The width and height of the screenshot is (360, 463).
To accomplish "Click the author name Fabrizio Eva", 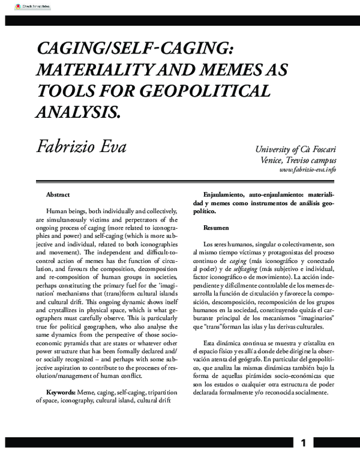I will [81, 146].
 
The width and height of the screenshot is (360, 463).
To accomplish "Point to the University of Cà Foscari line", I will [296, 150].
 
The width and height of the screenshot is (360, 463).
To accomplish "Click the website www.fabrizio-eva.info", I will [308, 170].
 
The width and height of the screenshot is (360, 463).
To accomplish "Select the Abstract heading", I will [58, 195].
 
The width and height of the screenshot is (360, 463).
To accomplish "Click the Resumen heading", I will [215, 229].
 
